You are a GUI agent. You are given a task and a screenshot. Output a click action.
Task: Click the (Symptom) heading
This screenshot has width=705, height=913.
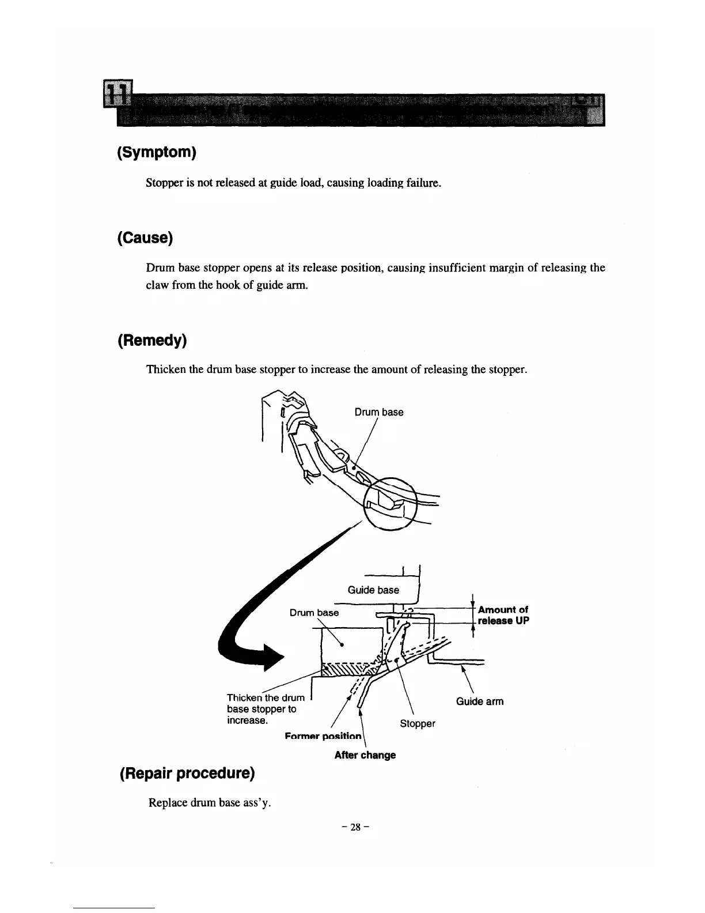[x=157, y=153]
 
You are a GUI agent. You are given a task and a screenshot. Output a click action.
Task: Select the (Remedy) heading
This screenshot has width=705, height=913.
[x=152, y=341]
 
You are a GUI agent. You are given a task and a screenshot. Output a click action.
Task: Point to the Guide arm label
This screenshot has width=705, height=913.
[x=479, y=701]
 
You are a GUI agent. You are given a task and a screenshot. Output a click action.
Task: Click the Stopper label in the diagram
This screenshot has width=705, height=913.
[x=417, y=723]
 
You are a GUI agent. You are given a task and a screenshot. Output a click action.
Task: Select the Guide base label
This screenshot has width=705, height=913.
[x=373, y=590]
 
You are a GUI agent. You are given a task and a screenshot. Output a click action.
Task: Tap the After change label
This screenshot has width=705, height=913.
[x=365, y=755]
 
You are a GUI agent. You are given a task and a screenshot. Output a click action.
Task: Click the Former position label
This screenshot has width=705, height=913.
[x=323, y=737]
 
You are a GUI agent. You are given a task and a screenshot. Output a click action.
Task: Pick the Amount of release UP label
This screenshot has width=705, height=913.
[x=503, y=615]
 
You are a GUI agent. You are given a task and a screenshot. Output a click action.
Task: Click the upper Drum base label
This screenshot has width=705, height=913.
[x=378, y=412]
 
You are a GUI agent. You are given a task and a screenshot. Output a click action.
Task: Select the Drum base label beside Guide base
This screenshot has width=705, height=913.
[x=314, y=613]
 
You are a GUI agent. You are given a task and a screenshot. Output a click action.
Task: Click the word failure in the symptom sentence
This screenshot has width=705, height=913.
[x=423, y=183]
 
